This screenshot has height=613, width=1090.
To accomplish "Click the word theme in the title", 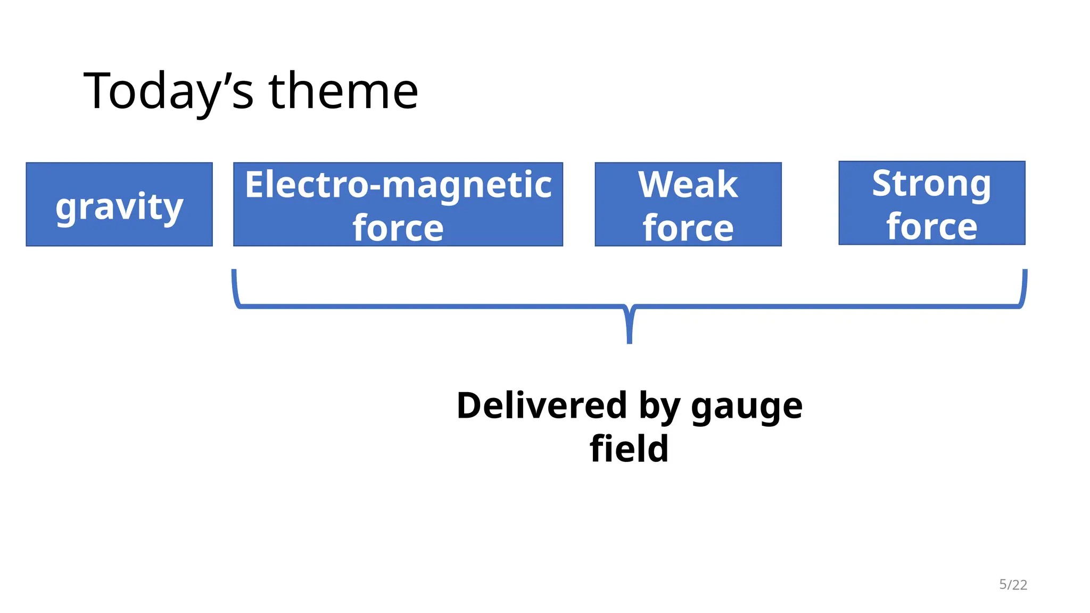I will coord(343,92).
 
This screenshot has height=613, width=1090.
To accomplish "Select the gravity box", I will coord(119,204).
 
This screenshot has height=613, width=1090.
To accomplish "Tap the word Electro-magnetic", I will coord(398,185).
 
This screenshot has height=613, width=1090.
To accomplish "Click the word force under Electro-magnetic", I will coord(398,228).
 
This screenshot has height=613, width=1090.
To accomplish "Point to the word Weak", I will coord(688,185).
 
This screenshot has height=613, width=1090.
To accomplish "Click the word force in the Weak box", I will coord(688,228).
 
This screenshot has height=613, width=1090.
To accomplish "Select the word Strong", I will coord(931,184).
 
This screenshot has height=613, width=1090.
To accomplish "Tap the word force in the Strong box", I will coord(931,227).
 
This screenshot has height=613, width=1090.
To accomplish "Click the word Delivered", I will coord(542,405).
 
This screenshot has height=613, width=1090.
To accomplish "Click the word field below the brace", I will coord(629,449).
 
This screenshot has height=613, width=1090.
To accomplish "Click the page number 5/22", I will coord(1013,585).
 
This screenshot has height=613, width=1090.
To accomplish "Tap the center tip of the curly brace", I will coord(630,341).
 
